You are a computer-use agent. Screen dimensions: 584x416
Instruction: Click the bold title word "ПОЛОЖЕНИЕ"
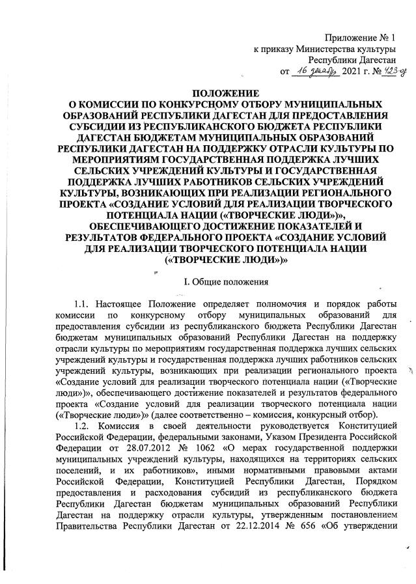[207, 94]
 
